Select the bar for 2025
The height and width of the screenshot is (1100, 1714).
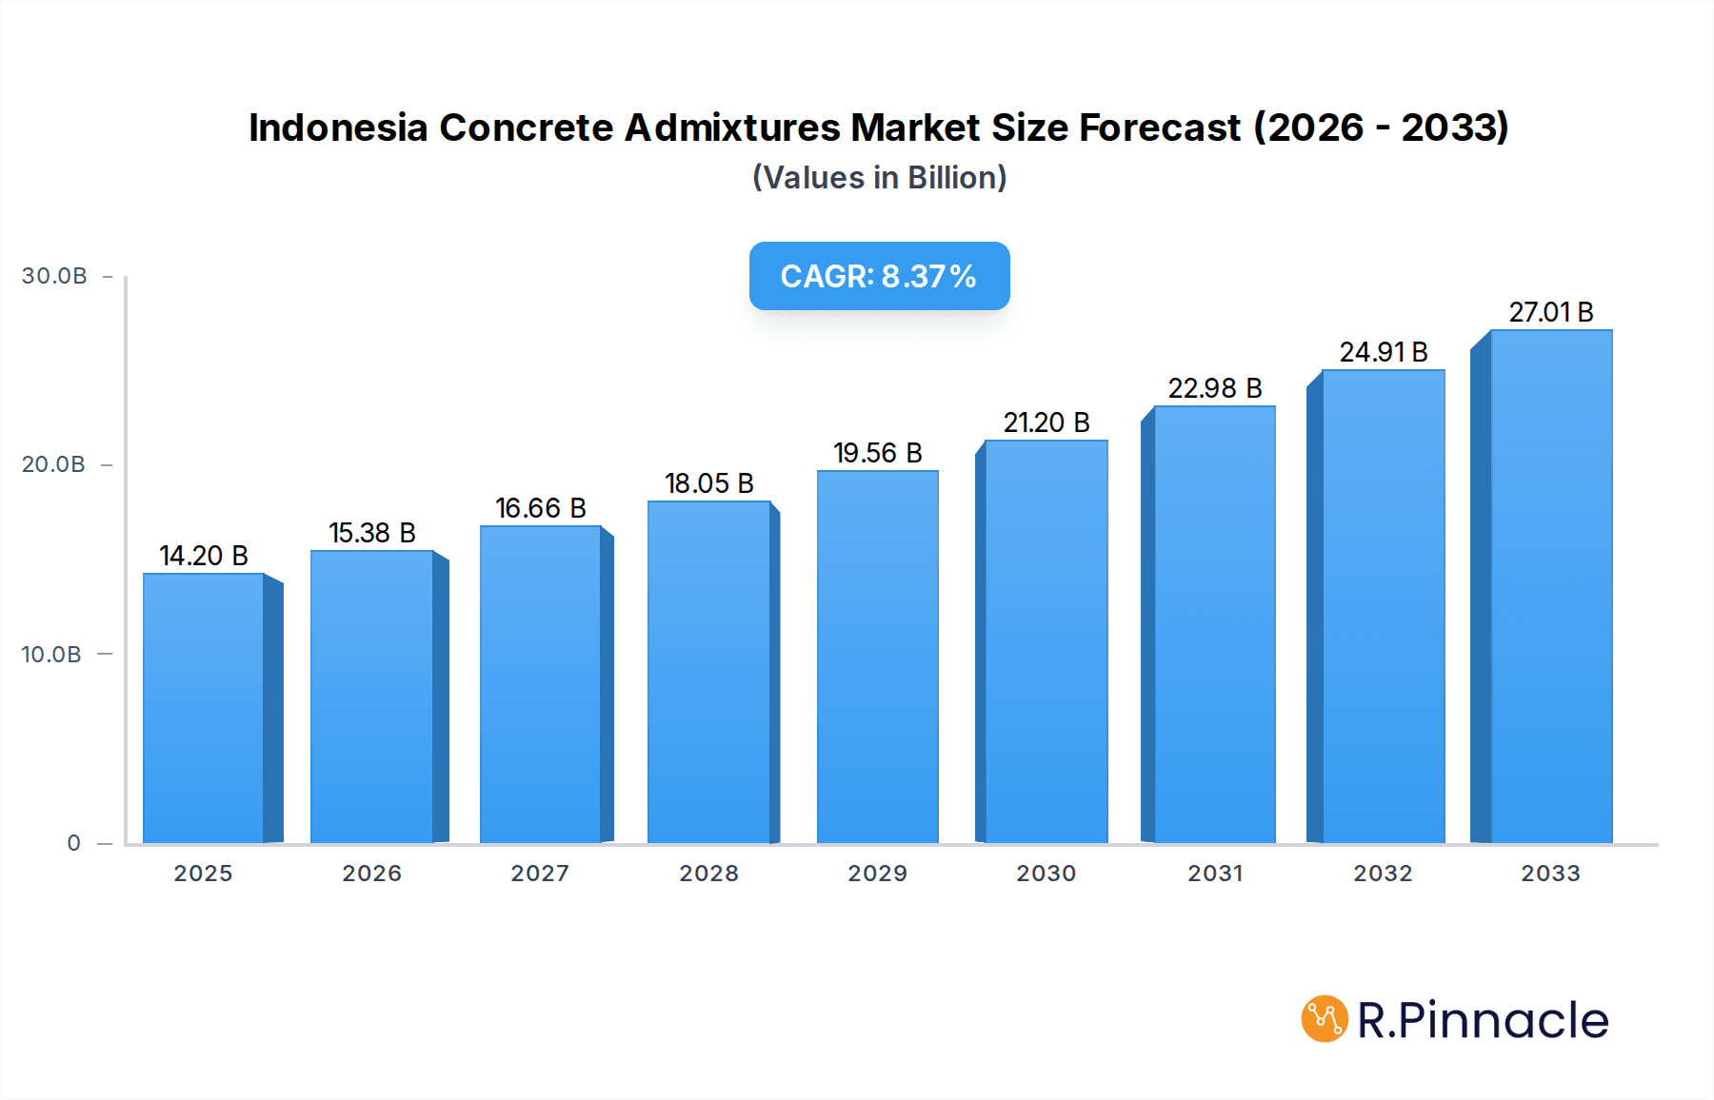click(204, 708)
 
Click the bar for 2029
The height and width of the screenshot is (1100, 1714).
click(877, 657)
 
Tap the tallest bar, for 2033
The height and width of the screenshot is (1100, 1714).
click(1550, 586)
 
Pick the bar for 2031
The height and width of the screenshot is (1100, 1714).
click(1214, 624)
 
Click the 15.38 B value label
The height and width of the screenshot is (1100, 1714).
click(372, 533)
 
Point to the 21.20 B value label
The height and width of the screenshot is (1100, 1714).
click(1046, 422)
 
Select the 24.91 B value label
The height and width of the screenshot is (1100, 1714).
click(1383, 352)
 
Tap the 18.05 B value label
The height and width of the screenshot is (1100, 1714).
click(708, 483)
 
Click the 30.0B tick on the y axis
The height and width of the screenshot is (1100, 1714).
click(54, 276)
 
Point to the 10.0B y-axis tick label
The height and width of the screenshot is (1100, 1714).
click(51, 655)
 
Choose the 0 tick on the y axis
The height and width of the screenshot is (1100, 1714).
click(74, 843)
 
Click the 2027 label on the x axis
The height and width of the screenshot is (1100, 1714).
click(540, 874)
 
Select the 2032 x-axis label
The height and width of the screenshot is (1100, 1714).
click(1383, 874)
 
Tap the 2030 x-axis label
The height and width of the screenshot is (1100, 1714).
click(1046, 874)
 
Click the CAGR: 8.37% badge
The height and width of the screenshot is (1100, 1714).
click(879, 276)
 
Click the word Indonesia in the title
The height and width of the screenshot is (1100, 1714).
click(338, 128)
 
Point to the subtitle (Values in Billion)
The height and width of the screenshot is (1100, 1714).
click(879, 178)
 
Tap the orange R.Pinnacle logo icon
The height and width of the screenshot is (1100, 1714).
click(1325, 1019)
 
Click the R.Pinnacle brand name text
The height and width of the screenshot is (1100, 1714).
click(1483, 1020)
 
